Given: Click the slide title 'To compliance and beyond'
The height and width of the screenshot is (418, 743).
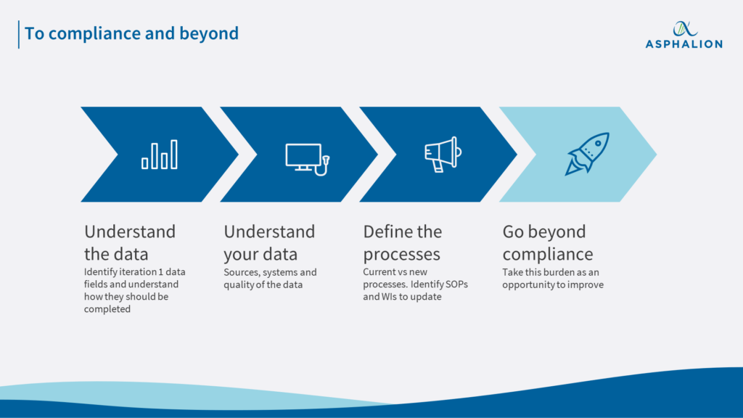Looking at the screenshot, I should tap(131, 33).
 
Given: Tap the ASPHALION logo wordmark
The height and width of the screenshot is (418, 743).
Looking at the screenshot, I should tap(684, 44).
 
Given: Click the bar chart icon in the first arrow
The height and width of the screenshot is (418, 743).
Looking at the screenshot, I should tap(160, 155).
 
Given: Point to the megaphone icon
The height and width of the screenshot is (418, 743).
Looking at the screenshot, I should tap(443, 154).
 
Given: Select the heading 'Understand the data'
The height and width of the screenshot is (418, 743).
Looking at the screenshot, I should tap(130, 243).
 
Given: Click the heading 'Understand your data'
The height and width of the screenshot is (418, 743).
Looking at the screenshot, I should tap(269, 243).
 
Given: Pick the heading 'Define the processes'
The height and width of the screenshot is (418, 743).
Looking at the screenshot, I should tap(403, 243).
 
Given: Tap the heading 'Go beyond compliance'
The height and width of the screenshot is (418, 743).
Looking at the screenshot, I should tap(548, 243).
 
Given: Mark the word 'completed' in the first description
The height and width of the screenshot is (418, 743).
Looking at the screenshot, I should tap(108, 309).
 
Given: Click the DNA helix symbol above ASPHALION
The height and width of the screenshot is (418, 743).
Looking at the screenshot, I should tap(684, 28).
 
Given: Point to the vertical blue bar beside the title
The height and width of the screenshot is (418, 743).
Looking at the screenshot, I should tap(19, 34).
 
